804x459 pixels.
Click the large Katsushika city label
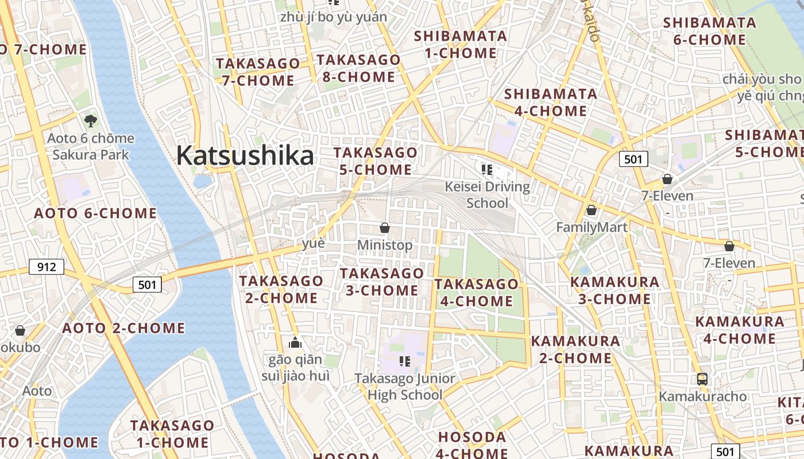pyautogui.click(x=245, y=155)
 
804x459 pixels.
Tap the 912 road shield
pyautogui.click(x=47, y=267)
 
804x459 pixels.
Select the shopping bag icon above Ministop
pyautogui.click(x=385, y=228)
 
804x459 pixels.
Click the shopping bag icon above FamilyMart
pyautogui.click(x=592, y=211)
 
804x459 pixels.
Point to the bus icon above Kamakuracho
pyautogui.click(x=702, y=379)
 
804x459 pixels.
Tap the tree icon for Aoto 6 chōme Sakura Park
pyautogui.click(x=90, y=121)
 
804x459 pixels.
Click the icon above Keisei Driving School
pyautogui.click(x=487, y=169)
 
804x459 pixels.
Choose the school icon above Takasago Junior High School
pyautogui.click(x=405, y=361)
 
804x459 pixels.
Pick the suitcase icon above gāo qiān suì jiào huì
pyautogui.click(x=295, y=343)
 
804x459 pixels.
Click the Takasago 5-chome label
pyautogui.click(x=376, y=161)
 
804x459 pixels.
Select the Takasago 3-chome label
pyautogui.click(x=382, y=282)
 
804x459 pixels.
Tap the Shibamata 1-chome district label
pyautogui.click(x=461, y=45)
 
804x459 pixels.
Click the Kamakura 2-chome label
pyautogui.click(x=575, y=349)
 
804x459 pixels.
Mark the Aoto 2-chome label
pyautogui.click(x=123, y=328)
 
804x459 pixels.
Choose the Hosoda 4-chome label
pyautogui.click(x=473, y=445)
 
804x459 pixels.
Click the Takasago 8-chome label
pyautogui.click(x=358, y=68)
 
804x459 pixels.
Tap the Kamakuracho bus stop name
pyautogui.click(x=702, y=396)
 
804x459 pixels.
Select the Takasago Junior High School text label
pyautogui.click(x=405, y=387)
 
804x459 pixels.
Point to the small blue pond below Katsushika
pyautogui.click(x=202, y=182)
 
